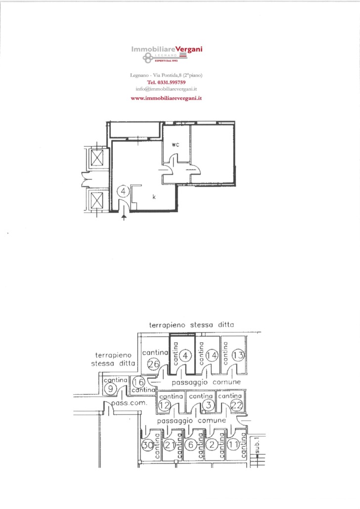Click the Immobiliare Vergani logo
coord(167,54)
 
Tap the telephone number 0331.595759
coord(166,83)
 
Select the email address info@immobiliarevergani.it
coord(166,89)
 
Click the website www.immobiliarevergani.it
coord(166,98)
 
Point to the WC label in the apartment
coord(176,145)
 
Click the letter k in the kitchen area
coord(154,197)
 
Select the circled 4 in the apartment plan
coord(123,191)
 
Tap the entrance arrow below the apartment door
coord(124,216)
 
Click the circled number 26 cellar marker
coord(153,364)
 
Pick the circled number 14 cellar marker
coord(212,356)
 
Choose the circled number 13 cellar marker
coord(238,355)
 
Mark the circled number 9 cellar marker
coord(110,388)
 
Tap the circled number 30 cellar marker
coord(148,445)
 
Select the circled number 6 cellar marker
coord(191,445)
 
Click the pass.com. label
coord(130,403)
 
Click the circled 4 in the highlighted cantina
coord(185,356)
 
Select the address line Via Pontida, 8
coord(166,75)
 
